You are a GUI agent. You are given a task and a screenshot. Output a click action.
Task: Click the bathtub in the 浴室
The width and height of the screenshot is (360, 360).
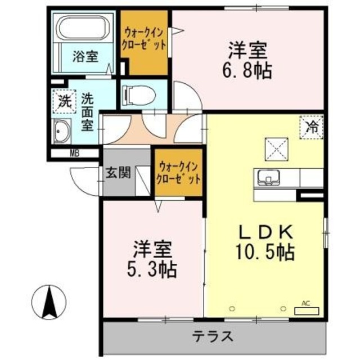[83, 29]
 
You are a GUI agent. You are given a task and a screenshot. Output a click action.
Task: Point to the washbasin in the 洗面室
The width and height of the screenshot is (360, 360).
[62, 133]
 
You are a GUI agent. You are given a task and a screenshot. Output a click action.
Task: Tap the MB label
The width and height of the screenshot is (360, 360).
[74, 152]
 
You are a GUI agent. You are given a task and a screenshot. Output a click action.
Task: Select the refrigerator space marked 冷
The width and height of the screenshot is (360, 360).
[311, 126]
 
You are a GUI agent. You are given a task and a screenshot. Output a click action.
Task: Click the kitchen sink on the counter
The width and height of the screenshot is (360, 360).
[269, 178]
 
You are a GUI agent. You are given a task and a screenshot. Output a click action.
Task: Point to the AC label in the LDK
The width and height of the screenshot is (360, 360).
[306, 303]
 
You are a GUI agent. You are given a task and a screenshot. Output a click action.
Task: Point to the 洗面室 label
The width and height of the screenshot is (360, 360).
[87, 111]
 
